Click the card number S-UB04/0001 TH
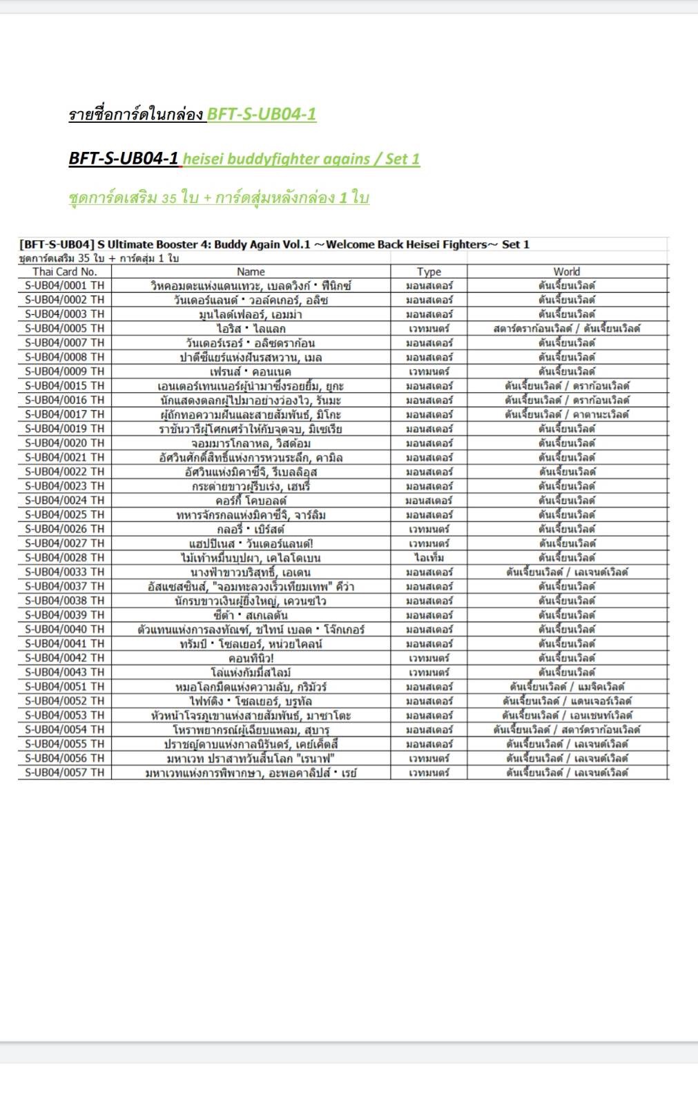[x=65, y=285]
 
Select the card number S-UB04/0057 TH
[x=65, y=773]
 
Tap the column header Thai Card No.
[x=65, y=271]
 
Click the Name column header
[x=251, y=271]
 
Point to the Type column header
[x=429, y=271]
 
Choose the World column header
[x=567, y=271]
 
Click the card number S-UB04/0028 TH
[x=65, y=557]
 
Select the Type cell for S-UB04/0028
[x=429, y=557]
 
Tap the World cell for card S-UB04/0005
[x=567, y=329]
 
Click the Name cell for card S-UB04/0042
[x=251, y=658]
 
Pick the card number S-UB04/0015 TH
[x=65, y=386]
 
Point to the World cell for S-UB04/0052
[x=567, y=701]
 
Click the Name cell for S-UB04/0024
[x=251, y=501]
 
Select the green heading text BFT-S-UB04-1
[x=262, y=114]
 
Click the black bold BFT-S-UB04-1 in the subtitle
[x=124, y=159]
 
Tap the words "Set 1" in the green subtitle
[x=403, y=159]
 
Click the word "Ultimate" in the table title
[x=135, y=244]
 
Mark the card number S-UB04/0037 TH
[x=65, y=586]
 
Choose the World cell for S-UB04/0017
[x=567, y=414]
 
